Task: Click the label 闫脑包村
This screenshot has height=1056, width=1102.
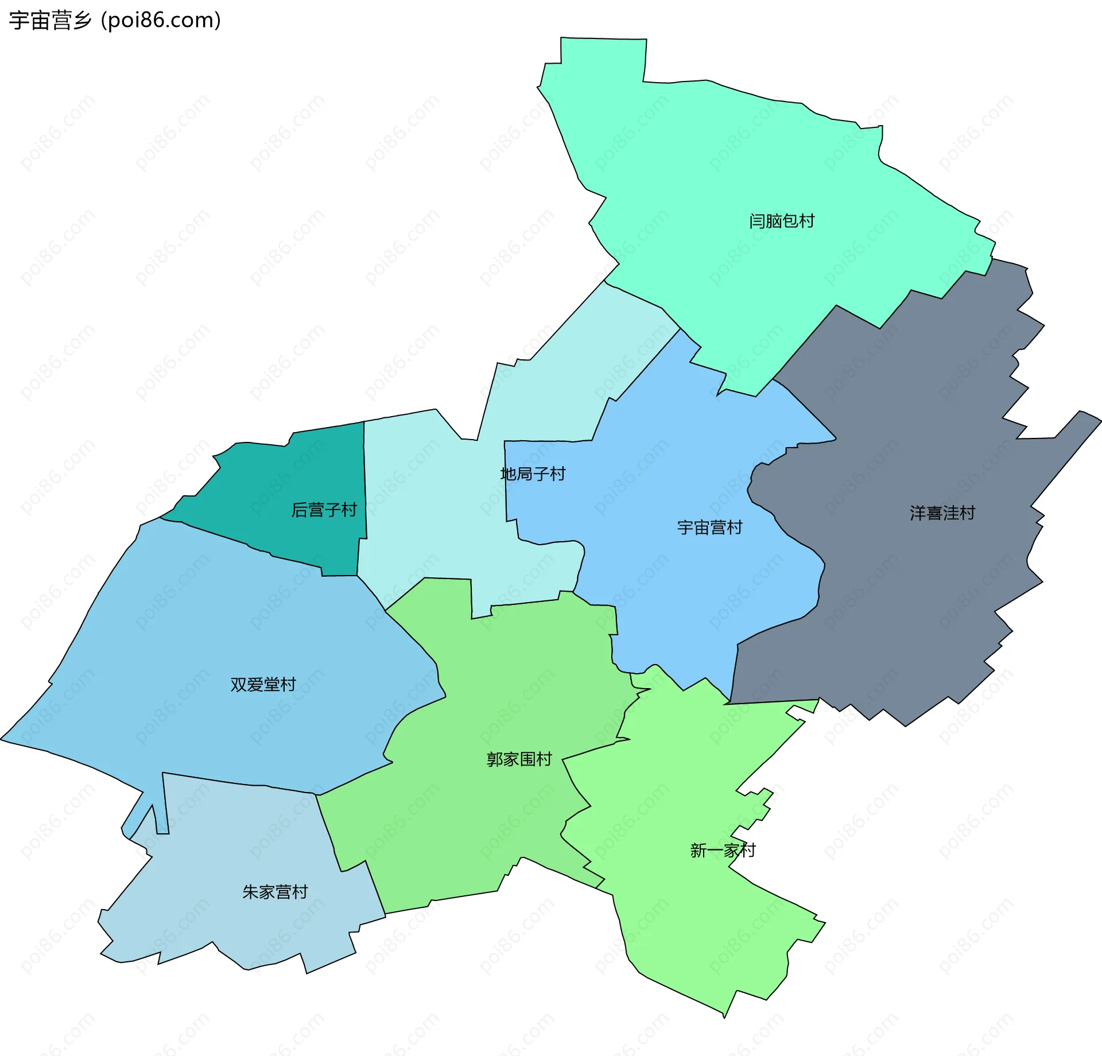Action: [x=782, y=221]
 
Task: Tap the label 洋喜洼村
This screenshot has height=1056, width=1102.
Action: [x=942, y=513]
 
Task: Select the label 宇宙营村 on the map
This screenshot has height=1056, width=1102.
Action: [x=710, y=527]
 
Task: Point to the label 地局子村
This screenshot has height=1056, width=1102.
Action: [x=533, y=474]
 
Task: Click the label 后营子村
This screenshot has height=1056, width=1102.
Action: [x=324, y=510]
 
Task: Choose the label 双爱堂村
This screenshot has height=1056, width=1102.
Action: [x=263, y=684]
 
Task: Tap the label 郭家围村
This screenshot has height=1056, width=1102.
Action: [x=519, y=759]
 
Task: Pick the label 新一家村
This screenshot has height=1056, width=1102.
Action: [x=723, y=850]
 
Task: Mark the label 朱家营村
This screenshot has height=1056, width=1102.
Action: [x=275, y=892]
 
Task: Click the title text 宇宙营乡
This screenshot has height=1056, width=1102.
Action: [x=51, y=21]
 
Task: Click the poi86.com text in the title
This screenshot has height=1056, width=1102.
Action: [x=161, y=21]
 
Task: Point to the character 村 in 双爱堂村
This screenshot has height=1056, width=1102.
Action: [x=288, y=684]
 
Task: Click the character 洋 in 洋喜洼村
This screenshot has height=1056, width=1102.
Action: [x=918, y=513]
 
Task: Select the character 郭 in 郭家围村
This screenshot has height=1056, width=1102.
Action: [x=495, y=759]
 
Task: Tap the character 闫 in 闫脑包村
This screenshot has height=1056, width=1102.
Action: [x=757, y=221]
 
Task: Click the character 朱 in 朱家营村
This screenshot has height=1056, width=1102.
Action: [x=251, y=892]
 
